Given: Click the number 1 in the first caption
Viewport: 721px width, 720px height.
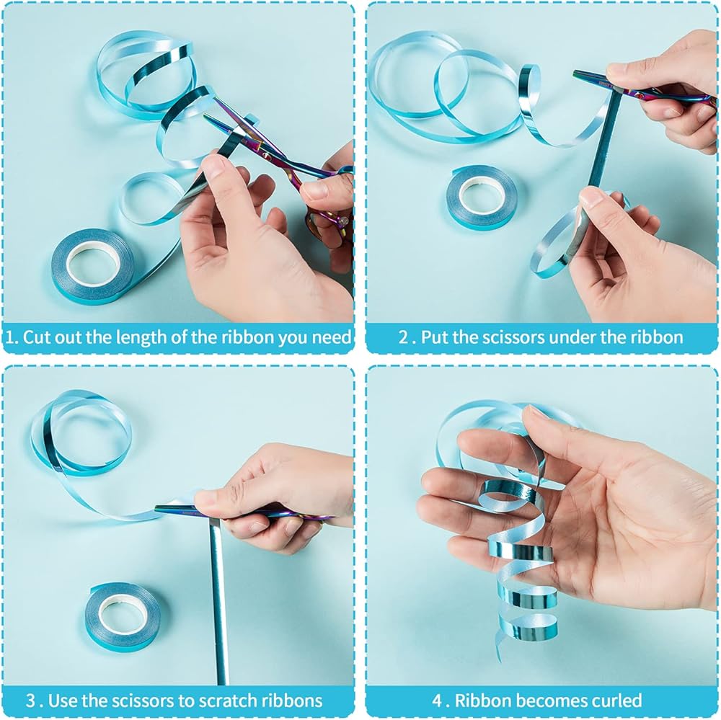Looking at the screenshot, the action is [10, 337].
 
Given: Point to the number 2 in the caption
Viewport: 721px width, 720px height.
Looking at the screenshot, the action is [403, 337].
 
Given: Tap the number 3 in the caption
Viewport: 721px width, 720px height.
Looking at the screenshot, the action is [31, 701].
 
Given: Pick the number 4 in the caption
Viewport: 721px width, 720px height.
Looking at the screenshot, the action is [438, 701].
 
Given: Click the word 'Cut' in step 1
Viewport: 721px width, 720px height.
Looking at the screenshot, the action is [36, 337].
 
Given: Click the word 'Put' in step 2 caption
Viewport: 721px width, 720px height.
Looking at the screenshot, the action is [435, 337].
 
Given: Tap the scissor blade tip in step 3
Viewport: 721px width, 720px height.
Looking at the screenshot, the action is [156, 507].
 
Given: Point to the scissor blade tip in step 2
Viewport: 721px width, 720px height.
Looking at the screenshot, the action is [575, 73].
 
